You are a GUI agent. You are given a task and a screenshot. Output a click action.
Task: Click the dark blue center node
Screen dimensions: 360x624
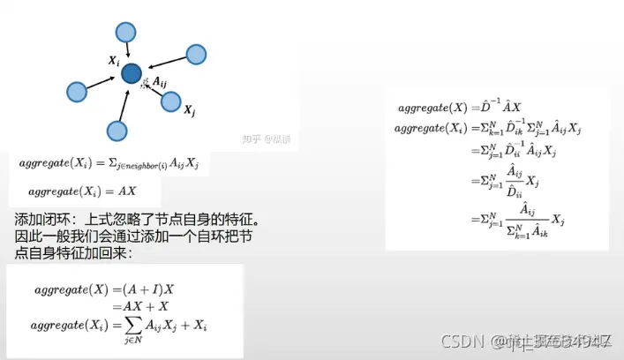click(132, 74)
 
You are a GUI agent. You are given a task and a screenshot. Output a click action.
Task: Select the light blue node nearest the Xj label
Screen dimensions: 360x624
click(172, 101)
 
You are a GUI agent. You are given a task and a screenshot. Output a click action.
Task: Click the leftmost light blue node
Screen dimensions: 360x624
click(78, 90)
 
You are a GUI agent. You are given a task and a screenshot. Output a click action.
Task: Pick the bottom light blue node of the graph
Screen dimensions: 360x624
click(117, 131)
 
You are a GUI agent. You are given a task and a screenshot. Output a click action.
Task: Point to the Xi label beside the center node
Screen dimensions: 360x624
click(114, 61)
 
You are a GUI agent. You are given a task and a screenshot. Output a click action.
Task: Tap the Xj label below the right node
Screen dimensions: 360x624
click(189, 112)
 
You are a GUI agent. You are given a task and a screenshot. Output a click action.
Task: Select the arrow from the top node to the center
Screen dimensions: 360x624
click(128, 49)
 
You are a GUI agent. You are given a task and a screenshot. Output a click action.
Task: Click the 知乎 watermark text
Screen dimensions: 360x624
click(253, 139)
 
